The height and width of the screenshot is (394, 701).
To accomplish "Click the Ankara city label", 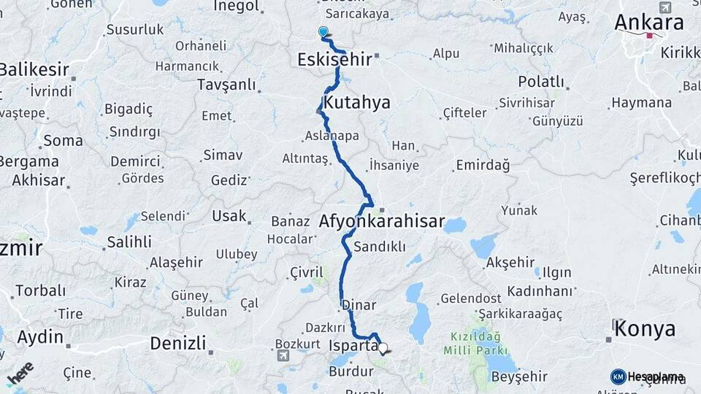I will pos(648,23).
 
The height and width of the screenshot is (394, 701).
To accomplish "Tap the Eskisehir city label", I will pos(334,60).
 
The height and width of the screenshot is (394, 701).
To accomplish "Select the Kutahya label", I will pos(357,102).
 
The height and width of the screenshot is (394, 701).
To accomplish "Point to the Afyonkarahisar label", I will pos(382,222).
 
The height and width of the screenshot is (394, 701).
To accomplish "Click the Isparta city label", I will pos(353,345).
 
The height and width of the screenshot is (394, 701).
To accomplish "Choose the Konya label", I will pos(645,329).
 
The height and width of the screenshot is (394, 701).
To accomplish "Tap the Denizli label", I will pos(177,343).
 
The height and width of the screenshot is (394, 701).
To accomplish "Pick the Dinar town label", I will pos(359,306).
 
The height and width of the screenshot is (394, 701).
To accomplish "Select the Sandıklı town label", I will pos(379,247).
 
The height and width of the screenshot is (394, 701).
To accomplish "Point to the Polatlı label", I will pos(541,81).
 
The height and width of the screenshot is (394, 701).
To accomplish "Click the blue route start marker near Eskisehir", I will pos(323,32).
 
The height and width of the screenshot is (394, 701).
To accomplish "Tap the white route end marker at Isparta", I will pos(382,349).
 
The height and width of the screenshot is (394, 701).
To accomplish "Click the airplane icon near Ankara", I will pos(664,7).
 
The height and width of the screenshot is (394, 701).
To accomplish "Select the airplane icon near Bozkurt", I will pos(283,356).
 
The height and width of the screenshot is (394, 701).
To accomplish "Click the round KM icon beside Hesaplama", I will pos(618,376).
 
